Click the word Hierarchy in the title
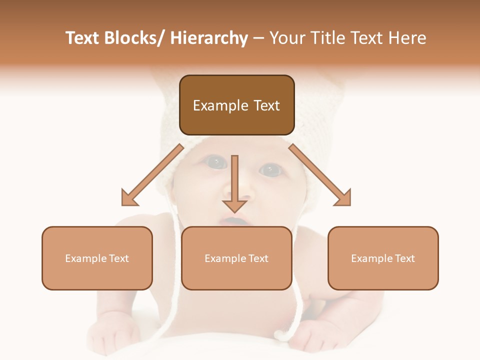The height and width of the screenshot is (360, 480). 209,38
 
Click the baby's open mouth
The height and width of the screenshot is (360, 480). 234,220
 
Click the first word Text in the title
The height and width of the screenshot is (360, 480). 83,38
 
